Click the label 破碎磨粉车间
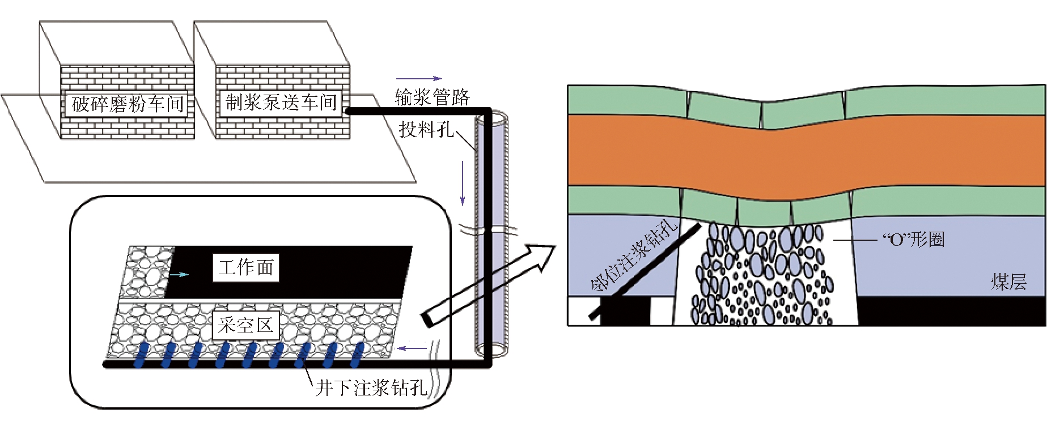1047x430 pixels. [128, 104]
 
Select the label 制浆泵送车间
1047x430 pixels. [281, 103]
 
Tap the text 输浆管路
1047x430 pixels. [432, 97]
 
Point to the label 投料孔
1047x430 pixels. [426, 130]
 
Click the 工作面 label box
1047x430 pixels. [246, 267]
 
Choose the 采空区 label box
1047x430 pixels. [245, 325]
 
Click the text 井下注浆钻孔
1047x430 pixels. [371, 388]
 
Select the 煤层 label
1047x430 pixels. [1008, 282]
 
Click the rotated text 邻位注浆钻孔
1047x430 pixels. [634, 254]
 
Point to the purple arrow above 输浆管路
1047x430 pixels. [419, 79]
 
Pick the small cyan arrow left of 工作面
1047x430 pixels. [180, 275]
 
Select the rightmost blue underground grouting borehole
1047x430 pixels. [357, 355]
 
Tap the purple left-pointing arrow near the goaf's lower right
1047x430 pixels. [412, 348]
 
